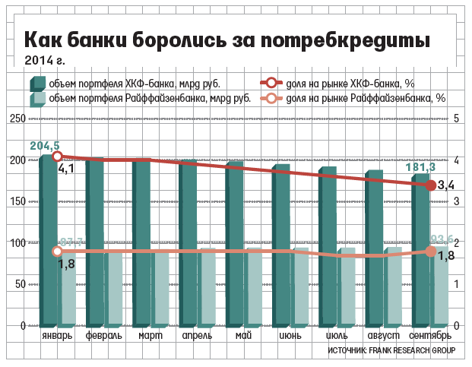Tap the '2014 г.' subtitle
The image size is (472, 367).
click(44, 60)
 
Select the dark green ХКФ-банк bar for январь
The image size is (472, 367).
click(48, 243)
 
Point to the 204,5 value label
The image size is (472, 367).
click(45, 144)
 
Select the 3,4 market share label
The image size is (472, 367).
click(447, 185)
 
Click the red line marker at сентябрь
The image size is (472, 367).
click(431, 185)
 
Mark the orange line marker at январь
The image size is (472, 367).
click(57, 252)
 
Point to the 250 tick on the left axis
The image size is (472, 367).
click(16, 119)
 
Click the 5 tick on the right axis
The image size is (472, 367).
click(456, 119)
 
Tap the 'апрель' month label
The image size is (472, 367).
click(197, 335)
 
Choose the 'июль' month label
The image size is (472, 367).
click(336, 335)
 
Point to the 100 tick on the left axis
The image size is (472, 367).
click(16, 242)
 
